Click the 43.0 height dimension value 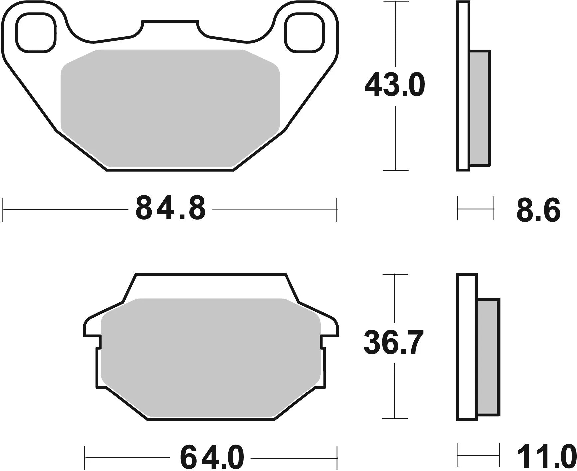pyautogui.click(x=395, y=85)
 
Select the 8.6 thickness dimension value pyautogui.click(x=538, y=210)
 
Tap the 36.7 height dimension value pyautogui.click(x=393, y=342)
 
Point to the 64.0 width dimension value pyautogui.click(x=212, y=458)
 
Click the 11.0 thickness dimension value pyautogui.click(x=546, y=458)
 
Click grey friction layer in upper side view pyautogui.click(x=480, y=108)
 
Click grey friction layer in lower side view pyautogui.click(x=488, y=357)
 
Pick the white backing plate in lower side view pyautogui.click(x=467, y=346)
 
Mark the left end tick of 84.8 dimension pyautogui.click(x=3, y=210)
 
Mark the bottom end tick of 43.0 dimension pyautogui.click(x=395, y=170)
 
